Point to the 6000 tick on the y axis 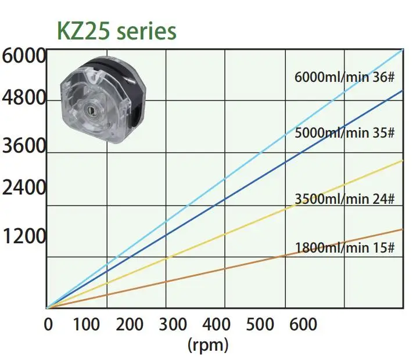tap(24, 57)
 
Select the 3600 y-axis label tap(24, 145)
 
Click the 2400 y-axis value tap(24, 189)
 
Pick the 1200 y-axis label tap(24, 237)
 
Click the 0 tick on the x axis tap(49, 323)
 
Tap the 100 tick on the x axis tap(87, 323)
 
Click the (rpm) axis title tap(208, 344)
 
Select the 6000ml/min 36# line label tap(345, 77)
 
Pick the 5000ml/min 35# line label tap(345, 132)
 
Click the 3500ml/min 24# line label tap(345, 199)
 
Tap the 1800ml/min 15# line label tap(345, 249)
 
